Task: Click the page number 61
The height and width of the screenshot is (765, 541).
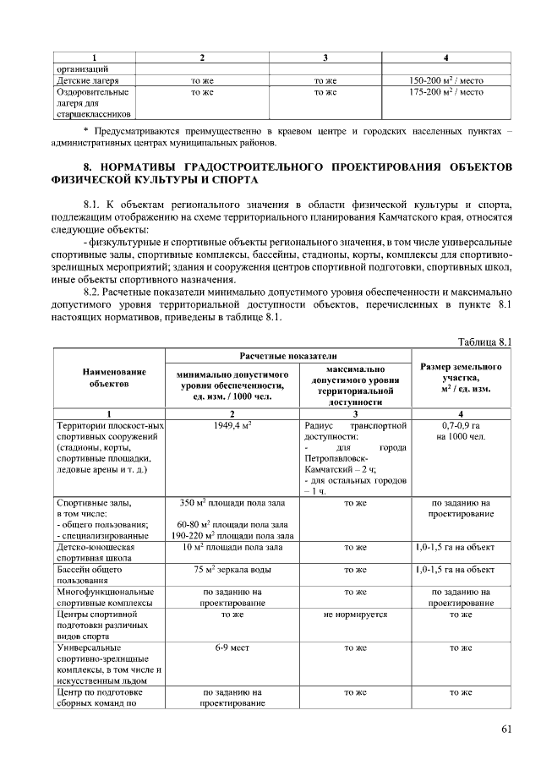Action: pyautogui.click(x=506, y=729)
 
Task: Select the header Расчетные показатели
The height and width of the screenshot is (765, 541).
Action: pyautogui.click(x=287, y=356)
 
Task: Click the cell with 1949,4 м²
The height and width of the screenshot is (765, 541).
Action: pyautogui.click(x=232, y=425)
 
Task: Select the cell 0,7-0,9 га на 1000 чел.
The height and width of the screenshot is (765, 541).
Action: pyautogui.click(x=461, y=431)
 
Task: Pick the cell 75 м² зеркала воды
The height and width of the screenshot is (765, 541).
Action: pyautogui.click(x=232, y=570)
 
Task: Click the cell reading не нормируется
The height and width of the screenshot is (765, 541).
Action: pyautogui.click(x=355, y=615)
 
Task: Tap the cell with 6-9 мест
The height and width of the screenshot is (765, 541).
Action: pyautogui.click(x=232, y=648)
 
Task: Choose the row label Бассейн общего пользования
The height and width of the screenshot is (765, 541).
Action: pyautogui.click(x=95, y=575)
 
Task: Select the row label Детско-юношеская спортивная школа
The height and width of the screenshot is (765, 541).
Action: pyautogui.click(x=95, y=553)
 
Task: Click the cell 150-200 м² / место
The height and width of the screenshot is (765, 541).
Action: pyautogui.click(x=445, y=80)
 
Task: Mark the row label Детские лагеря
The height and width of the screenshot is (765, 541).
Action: pyautogui.click(x=86, y=80)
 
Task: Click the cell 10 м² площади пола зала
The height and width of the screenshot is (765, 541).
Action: pyautogui.click(x=232, y=548)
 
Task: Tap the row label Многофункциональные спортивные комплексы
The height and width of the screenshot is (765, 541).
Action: pyautogui.click(x=104, y=598)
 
